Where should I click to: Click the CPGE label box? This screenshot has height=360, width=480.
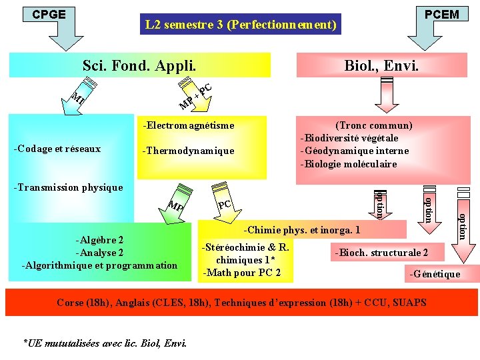tap(49, 14)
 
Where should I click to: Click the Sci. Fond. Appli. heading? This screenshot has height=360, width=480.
tap(139, 65)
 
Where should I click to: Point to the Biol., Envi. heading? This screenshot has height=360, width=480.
tap(381, 65)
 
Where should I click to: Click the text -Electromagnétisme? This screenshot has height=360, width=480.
tap(189, 125)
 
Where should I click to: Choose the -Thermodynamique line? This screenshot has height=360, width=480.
tap(189, 151)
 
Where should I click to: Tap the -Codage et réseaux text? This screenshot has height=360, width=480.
tap(57, 149)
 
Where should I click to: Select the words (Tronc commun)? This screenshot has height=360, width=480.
tap(374, 125)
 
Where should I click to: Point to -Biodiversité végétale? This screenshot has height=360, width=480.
tap(350, 138)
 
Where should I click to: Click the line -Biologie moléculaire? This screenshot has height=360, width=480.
tap(349, 163)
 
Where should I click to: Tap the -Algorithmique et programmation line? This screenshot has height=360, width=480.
tap(100, 265)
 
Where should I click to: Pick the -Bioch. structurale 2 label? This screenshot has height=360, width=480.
tap(381, 253)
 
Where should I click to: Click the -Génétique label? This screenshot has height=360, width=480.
tap(434, 273)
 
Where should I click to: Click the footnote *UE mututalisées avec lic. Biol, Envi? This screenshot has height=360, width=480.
tap(105, 343)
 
